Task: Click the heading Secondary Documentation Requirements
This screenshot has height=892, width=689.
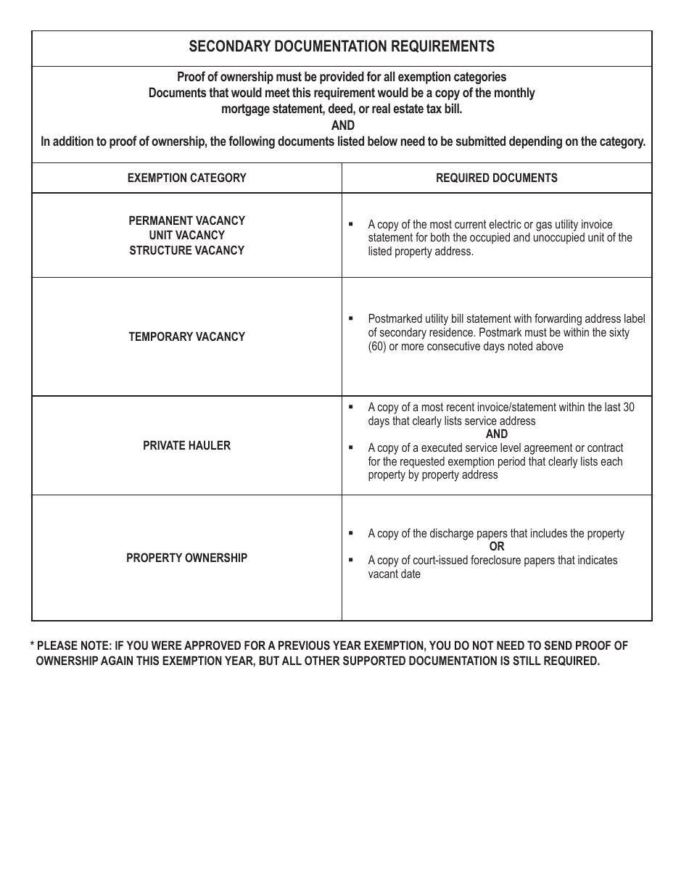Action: pos(342,46)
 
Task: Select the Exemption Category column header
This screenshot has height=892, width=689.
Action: pos(186,178)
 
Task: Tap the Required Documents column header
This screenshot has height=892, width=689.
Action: pos(496,178)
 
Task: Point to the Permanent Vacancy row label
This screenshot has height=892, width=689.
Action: pos(186,220)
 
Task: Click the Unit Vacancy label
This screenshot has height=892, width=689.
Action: pos(186,235)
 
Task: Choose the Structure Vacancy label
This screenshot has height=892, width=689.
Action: pos(186,250)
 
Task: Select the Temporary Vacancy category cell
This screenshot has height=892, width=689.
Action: pos(186,336)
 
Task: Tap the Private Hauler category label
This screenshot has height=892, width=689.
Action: pos(186,445)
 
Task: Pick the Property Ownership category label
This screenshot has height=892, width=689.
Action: pos(186,558)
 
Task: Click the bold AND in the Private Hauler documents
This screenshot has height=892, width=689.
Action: pos(496,434)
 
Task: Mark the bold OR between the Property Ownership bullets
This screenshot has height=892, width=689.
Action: pos(496,547)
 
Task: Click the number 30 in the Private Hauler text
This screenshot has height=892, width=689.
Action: pos(628,408)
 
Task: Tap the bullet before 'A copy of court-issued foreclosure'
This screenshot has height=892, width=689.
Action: pos(351,560)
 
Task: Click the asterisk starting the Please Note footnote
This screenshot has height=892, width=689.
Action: pos(32,646)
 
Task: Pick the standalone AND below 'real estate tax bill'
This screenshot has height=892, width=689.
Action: pos(342,125)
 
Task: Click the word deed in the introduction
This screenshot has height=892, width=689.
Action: pos(342,109)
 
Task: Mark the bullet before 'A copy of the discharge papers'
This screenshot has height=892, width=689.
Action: pos(351,533)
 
